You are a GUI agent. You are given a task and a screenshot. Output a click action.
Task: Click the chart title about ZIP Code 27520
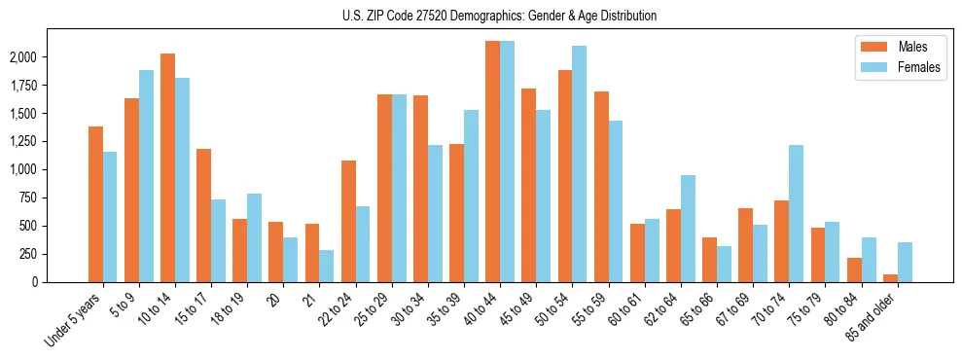pyautogui.click(x=499, y=16)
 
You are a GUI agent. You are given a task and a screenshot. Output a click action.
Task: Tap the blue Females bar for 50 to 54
pyautogui.click(x=580, y=163)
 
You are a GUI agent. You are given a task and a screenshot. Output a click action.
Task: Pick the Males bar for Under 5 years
pyautogui.click(x=95, y=204)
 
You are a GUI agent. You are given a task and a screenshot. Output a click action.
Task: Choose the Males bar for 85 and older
pyautogui.click(x=890, y=278)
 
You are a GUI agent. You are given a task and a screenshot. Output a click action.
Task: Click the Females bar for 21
pyautogui.click(x=327, y=266)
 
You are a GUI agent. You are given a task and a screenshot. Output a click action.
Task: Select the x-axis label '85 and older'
pyautogui.click(x=872, y=313)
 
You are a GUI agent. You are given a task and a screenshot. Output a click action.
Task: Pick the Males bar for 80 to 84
pyautogui.click(x=854, y=270)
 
